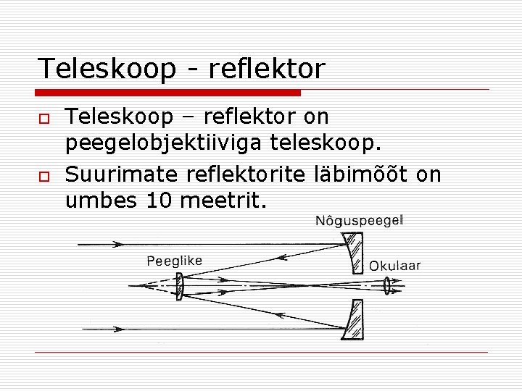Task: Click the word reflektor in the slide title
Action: click(267, 70)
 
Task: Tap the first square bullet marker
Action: click(44, 117)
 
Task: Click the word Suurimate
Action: click(122, 175)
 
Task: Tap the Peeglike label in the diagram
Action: click(174, 261)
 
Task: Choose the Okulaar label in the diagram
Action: click(394, 266)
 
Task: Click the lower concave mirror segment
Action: click(353, 320)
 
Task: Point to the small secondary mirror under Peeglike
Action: click(181, 285)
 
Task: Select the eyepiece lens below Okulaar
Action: click(388, 286)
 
